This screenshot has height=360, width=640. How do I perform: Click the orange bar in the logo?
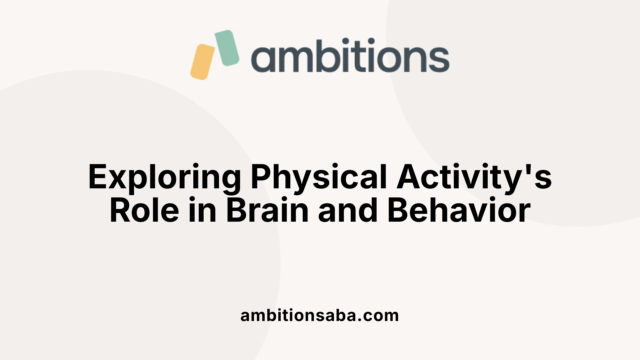[202, 62]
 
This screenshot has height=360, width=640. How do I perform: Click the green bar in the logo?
[227, 48]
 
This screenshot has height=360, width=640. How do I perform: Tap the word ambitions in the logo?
[350, 56]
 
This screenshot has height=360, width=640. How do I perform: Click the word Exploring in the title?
[164, 177]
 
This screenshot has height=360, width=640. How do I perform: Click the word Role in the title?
[144, 211]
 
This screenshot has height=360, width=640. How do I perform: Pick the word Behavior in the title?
[459, 211]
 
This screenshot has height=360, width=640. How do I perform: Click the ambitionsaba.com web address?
[320, 315]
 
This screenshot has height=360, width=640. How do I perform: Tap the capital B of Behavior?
[398, 211]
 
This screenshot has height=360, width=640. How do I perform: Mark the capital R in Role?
[120, 211]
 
